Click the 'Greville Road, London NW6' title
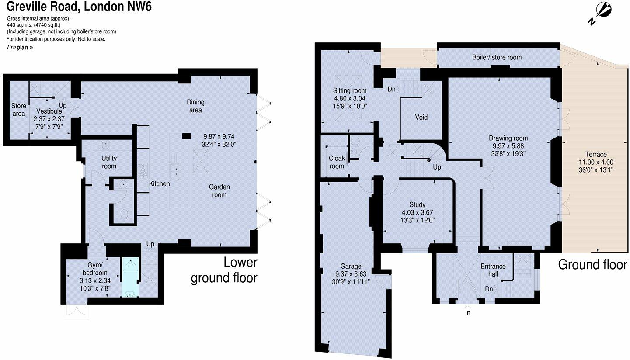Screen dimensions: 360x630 coord(79,7)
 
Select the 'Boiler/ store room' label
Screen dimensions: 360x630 coord(497,57)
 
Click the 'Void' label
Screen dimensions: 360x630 coord(421,117)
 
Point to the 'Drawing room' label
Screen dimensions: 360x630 coord(508,138)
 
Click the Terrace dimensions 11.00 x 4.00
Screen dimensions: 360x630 coord(596,162)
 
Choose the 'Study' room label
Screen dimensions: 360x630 coord(417,204)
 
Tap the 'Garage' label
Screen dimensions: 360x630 coord(351,266)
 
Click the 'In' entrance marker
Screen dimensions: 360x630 coord(468,312)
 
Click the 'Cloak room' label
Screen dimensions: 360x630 coord(337,162)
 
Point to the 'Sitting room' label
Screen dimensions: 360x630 coord(349,91)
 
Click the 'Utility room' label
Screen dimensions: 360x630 coord(109,162)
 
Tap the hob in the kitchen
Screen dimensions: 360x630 coord(143,170)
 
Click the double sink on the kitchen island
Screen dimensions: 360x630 coord(177,170)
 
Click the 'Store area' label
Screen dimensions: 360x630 coord(18,110)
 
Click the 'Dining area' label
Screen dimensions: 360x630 coord(195,106)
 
